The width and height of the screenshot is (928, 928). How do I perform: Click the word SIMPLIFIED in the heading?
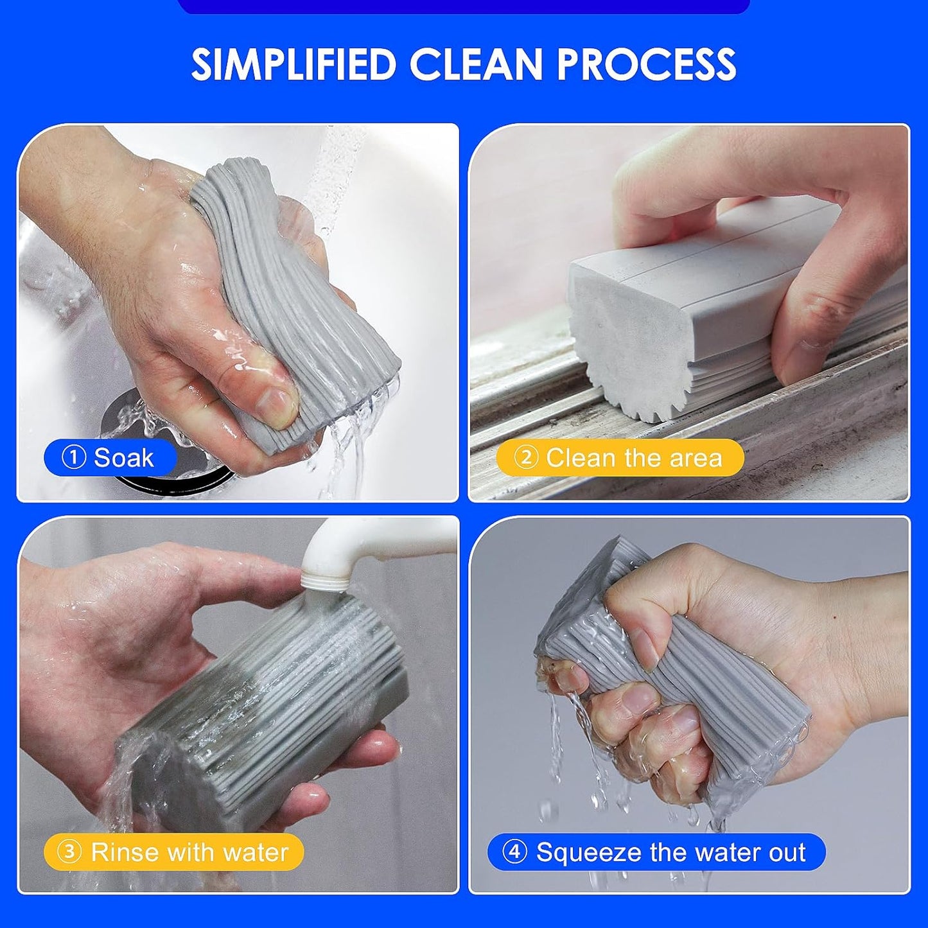(293, 64)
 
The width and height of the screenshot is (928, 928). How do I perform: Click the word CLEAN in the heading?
(475, 64)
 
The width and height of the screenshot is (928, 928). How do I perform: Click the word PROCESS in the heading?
(646, 64)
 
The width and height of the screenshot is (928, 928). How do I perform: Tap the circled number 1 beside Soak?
(73, 458)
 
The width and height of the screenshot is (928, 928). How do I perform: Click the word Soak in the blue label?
(123, 458)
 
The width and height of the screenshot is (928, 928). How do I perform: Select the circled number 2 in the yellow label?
(526, 458)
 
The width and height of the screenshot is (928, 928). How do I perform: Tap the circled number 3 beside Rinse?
(69, 852)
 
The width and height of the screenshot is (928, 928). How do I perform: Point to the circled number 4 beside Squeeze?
(514, 852)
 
